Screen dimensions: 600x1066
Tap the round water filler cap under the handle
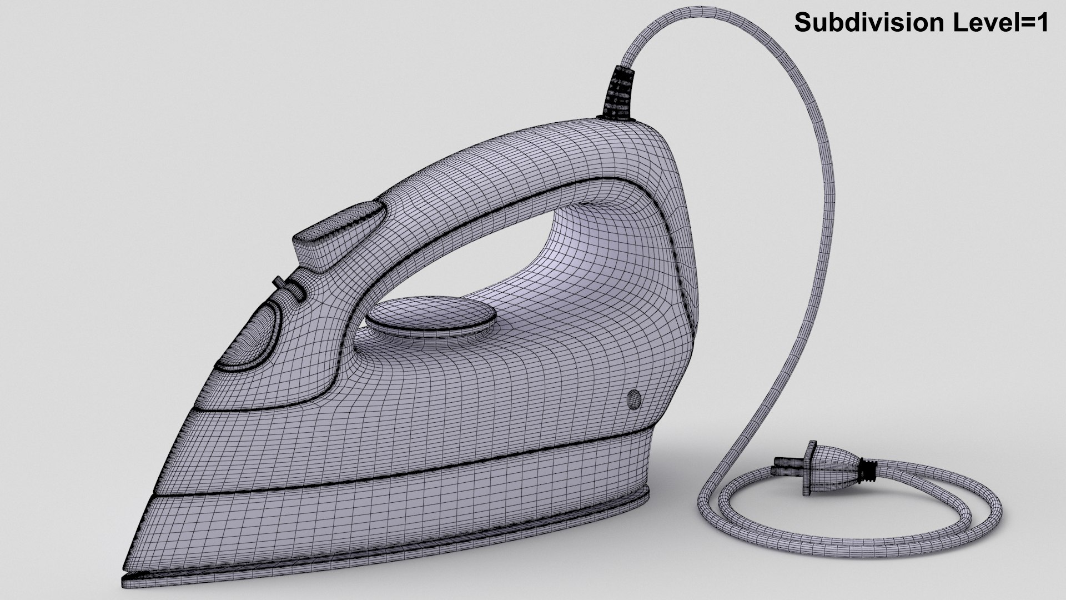pyautogui.click(x=430, y=317)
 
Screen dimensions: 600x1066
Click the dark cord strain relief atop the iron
pyautogui.click(x=621, y=94)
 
